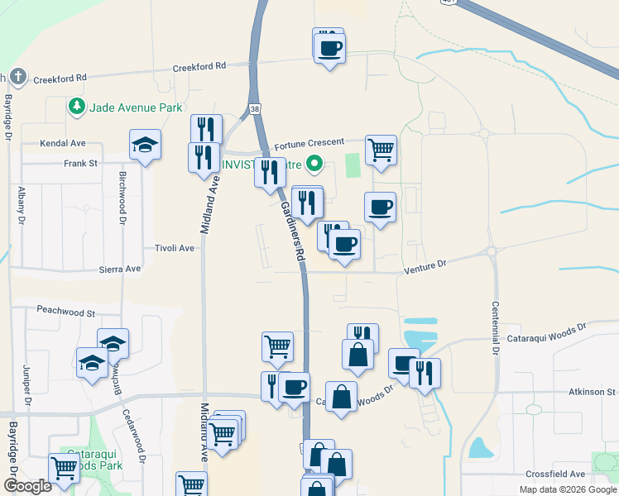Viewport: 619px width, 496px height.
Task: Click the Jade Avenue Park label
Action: (136, 107)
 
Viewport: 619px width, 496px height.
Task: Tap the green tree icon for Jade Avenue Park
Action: (77, 107)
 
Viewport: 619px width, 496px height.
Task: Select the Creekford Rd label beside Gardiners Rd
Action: (199, 66)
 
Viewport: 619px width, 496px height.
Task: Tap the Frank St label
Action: (81, 164)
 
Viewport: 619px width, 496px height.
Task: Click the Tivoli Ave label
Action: (174, 248)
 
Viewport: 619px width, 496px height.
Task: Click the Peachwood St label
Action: (66, 312)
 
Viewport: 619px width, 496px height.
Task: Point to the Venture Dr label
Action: (425, 263)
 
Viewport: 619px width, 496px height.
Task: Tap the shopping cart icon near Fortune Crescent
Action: (381, 150)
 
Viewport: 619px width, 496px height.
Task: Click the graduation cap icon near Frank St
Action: (145, 145)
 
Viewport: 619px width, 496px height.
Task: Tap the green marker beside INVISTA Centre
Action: (314, 164)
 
